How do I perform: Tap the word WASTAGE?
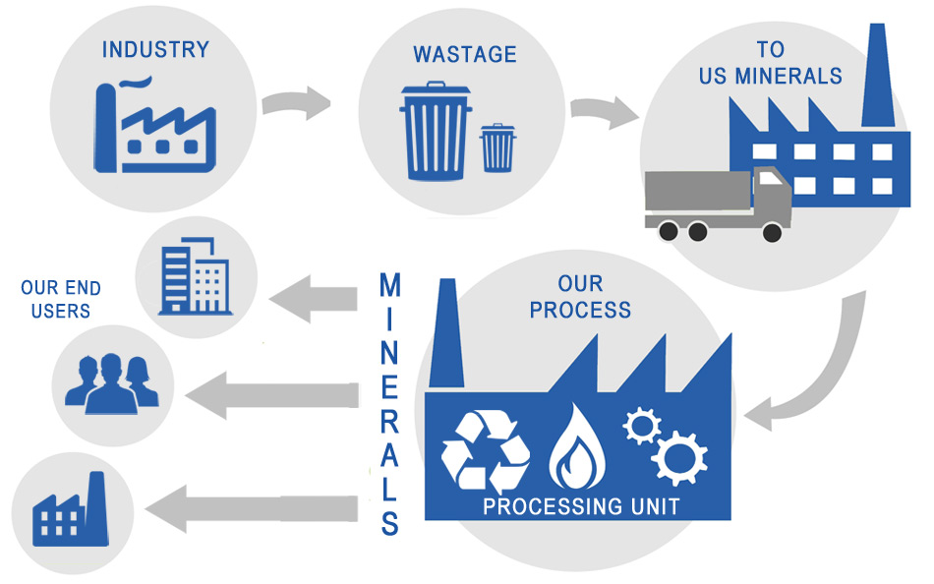pos(464,54)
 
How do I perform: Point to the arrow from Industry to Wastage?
pos(296,102)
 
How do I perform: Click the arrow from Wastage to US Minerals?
pos(603,112)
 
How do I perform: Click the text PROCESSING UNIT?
pos(581,507)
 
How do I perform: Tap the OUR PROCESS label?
pos(580,298)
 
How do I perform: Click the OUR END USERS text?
pos(60,300)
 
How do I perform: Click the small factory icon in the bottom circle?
pos(69,511)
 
